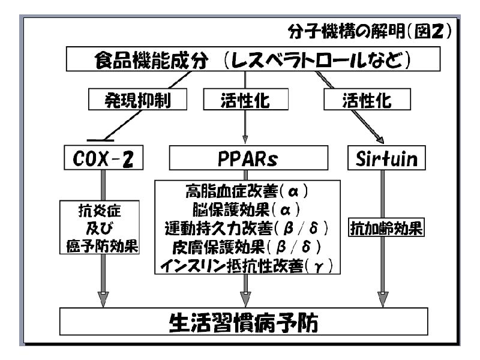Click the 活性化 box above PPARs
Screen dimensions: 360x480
(x=245, y=100)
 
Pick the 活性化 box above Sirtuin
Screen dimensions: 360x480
(x=366, y=100)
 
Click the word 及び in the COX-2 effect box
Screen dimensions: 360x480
(x=100, y=229)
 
